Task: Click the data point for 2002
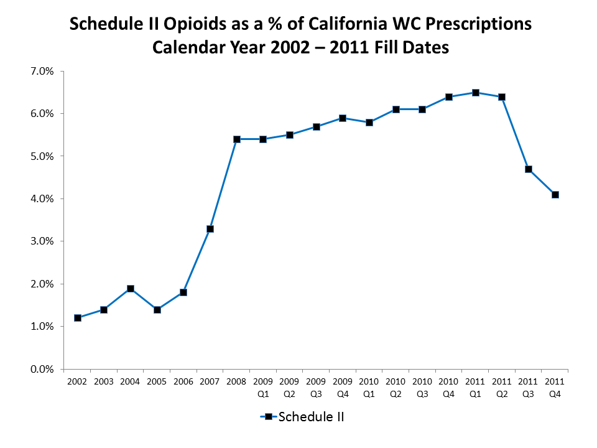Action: [x=78, y=318]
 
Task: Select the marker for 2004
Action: [x=131, y=289]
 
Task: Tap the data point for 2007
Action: [x=210, y=229]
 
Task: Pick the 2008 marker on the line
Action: [x=237, y=139]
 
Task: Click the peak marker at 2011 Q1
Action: [x=476, y=93]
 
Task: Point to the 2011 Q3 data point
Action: [x=529, y=169]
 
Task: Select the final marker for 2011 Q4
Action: [x=555, y=195]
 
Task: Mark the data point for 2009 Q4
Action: [x=343, y=118]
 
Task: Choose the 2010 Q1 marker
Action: [x=369, y=123]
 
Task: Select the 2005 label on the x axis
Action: [x=157, y=381]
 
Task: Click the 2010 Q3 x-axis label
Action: [x=422, y=386]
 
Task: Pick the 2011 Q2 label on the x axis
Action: [x=502, y=386]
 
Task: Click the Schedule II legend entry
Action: [x=303, y=417]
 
